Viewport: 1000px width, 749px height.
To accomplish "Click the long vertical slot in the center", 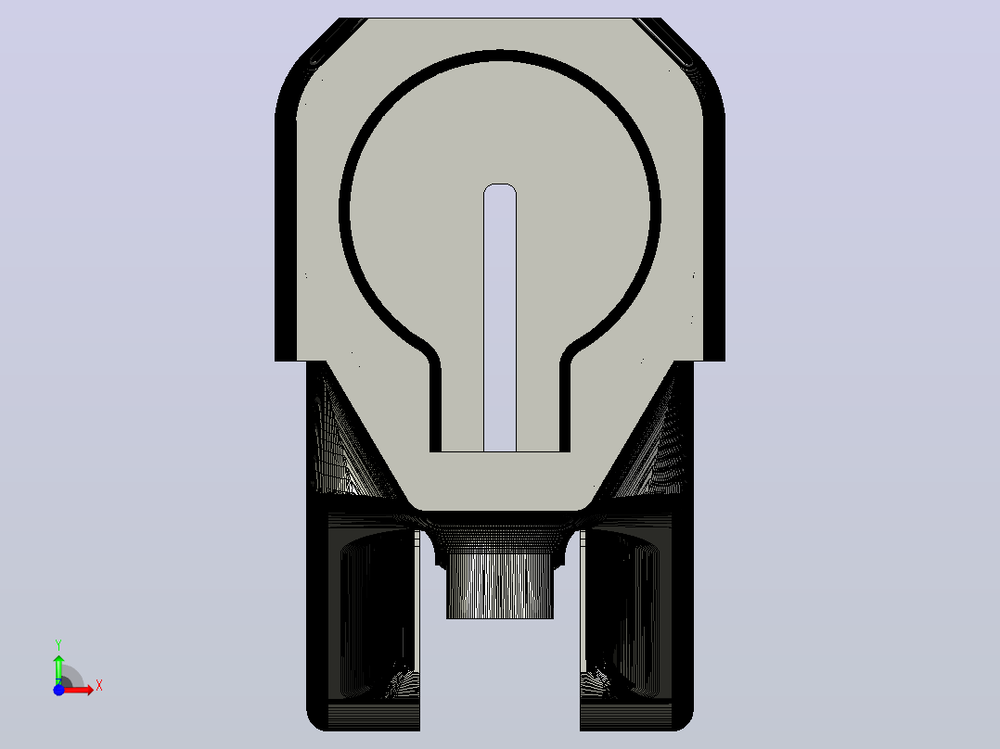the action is pyautogui.click(x=500, y=317).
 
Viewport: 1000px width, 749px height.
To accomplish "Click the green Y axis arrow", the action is pyautogui.click(x=58, y=669).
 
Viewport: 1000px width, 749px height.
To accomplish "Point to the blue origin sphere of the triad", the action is pyautogui.click(x=58, y=690).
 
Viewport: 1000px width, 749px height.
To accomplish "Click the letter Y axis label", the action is pyautogui.click(x=58, y=644).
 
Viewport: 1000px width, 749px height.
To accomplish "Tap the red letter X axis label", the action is pyautogui.click(x=99, y=686).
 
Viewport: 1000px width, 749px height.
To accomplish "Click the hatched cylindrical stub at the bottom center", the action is pyautogui.click(x=500, y=586).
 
